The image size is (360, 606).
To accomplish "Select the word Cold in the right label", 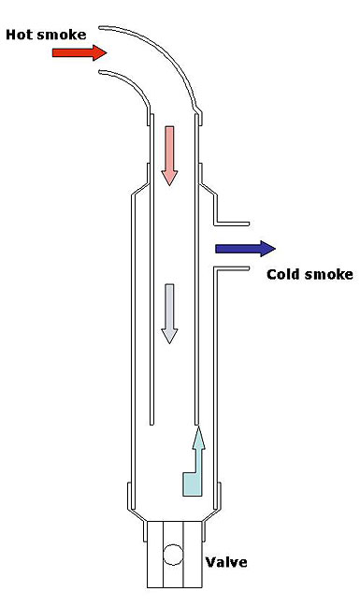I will click(283, 274).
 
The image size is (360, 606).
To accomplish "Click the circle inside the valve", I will click(172, 555).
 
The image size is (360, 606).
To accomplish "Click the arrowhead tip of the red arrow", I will click(104, 52).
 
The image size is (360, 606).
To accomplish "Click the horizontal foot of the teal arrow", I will click(191, 486).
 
